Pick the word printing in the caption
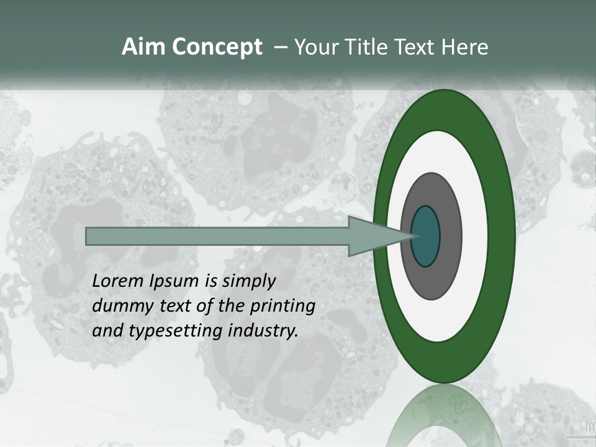(282, 307)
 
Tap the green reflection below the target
(445, 416)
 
